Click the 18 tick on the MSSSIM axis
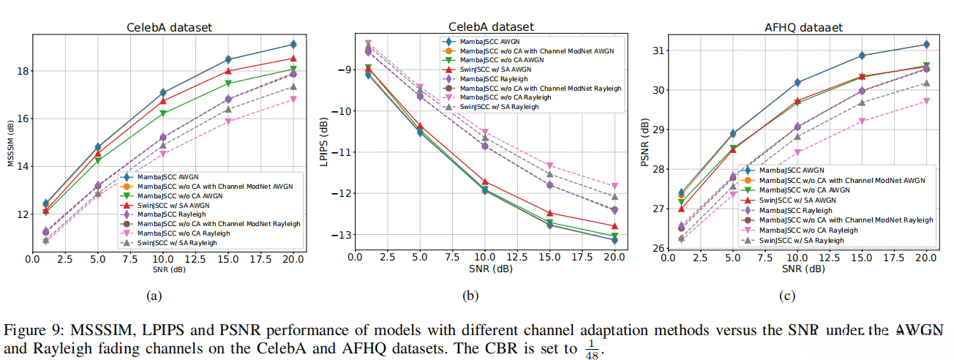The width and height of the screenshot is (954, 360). coord(23,71)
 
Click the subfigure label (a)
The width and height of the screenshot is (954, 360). coord(154,296)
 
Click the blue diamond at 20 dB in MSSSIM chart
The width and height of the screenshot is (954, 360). coord(293,45)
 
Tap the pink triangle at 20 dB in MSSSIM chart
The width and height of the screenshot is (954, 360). coord(293,99)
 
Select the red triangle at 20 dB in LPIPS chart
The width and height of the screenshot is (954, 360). coord(615,226)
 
